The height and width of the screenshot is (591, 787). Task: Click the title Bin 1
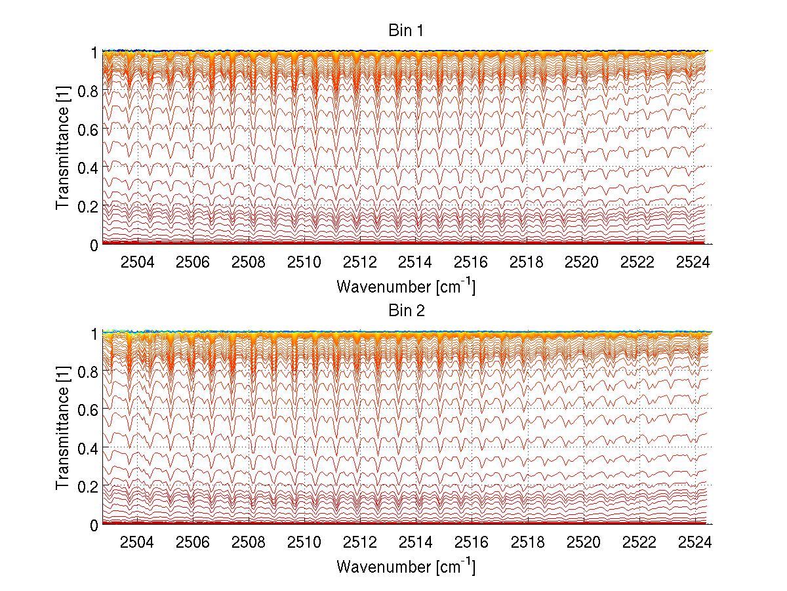(x=407, y=31)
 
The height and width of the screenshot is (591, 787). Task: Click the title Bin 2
(x=407, y=311)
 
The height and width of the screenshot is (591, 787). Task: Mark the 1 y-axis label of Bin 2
(x=94, y=333)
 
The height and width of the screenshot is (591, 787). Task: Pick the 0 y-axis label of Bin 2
(x=94, y=525)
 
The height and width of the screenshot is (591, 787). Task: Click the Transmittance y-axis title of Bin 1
(x=63, y=148)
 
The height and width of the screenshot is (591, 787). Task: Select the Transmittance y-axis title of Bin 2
(x=63, y=428)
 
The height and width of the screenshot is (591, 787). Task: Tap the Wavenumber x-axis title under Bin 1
(x=406, y=286)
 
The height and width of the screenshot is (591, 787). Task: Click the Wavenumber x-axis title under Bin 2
(x=406, y=566)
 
